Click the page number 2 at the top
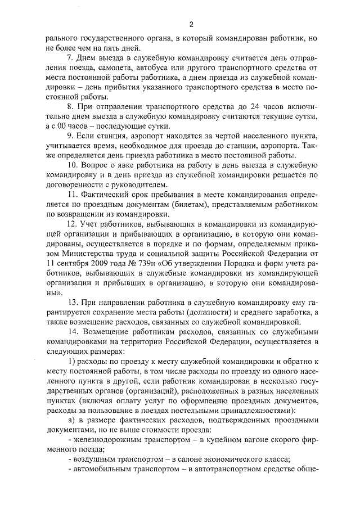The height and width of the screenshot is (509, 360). (x=191, y=25)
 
